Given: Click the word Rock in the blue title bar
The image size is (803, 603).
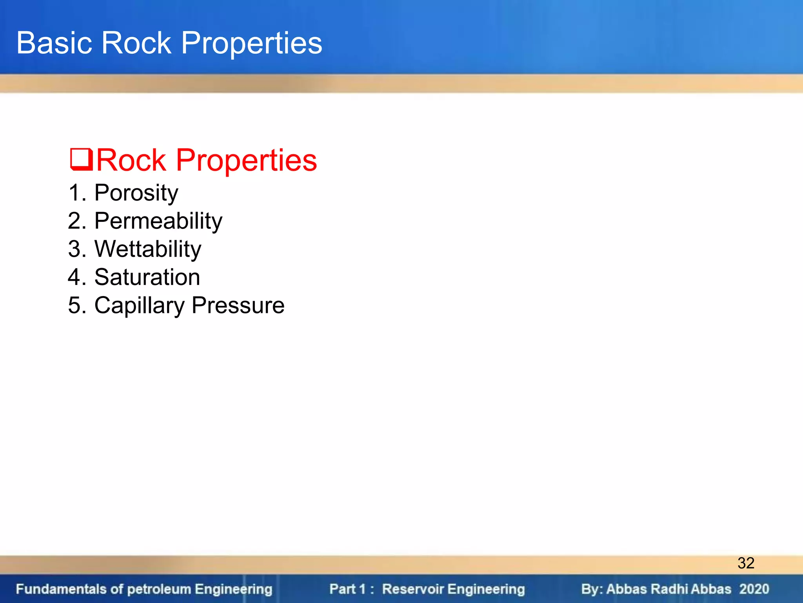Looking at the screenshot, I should click(136, 43).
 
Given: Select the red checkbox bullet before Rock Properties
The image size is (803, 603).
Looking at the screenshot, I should click(81, 159).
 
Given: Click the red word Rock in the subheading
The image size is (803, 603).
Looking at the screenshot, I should click(131, 160).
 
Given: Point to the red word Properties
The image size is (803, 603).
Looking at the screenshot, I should click(246, 161).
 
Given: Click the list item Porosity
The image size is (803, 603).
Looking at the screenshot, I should click(136, 193).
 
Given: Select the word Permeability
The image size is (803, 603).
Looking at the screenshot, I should click(158, 221).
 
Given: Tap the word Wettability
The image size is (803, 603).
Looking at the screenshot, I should click(148, 249).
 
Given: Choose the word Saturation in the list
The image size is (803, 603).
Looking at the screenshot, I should click(147, 277).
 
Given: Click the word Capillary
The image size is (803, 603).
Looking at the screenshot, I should click(139, 306).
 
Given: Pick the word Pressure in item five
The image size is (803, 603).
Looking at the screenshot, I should click(238, 305).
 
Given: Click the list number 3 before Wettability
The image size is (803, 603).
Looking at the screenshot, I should click(74, 249).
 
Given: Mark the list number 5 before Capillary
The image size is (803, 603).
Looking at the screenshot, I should click(74, 305).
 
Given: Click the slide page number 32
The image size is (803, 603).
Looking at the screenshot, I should click(746, 563).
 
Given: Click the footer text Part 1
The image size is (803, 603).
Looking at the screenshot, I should click(347, 589).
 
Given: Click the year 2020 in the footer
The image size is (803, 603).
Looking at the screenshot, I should click(754, 589).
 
